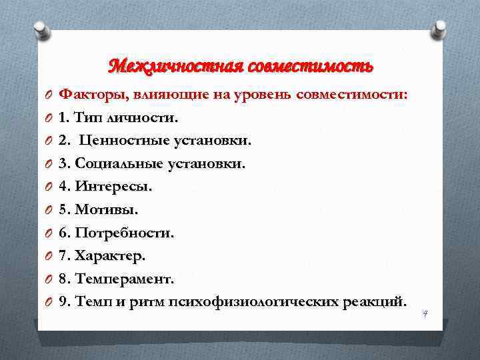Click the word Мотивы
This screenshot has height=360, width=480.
tap(107, 211)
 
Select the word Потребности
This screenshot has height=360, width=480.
tap(125, 233)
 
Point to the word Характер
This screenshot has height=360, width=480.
tap(110, 256)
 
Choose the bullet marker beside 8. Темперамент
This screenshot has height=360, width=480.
tap(49, 279)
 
